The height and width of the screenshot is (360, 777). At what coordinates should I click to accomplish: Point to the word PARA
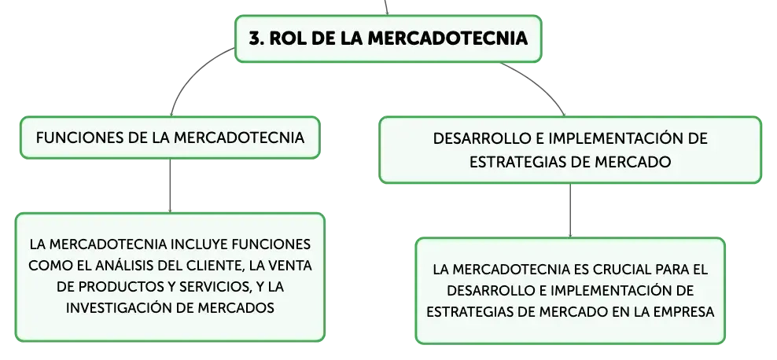672,270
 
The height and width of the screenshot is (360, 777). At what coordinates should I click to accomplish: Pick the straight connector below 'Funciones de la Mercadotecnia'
170,186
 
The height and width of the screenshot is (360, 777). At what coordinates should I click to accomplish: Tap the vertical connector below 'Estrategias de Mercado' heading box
570,211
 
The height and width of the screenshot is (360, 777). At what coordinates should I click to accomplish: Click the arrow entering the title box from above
386,7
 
